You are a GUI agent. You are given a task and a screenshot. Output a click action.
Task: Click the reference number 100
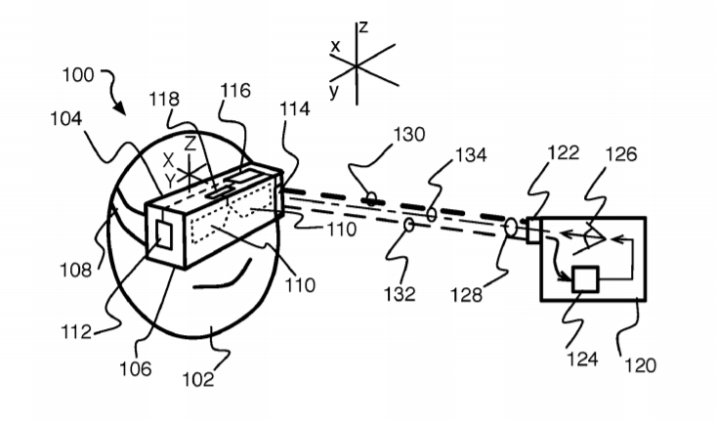[x=78, y=75]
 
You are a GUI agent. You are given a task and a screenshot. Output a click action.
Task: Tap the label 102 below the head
[x=198, y=379]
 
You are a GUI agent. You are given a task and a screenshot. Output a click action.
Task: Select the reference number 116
[x=235, y=91]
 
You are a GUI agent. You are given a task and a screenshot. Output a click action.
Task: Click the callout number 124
[x=582, y=358]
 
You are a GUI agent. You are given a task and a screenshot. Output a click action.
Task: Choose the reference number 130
[x=409, y=134]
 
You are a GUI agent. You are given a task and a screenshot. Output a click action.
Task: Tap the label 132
[x=400, y=294]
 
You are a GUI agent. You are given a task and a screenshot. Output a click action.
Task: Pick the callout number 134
[x=471, y=155]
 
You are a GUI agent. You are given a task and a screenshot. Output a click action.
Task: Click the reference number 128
[x=466, y=295]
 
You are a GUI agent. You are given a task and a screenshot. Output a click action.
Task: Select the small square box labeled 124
[x=585, y=279]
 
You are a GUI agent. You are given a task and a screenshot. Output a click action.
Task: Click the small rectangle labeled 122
[x=533, y=232]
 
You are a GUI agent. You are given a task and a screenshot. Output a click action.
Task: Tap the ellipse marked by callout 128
[x=511, y=227]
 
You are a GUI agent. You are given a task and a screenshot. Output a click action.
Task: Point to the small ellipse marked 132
[x=409, y=225]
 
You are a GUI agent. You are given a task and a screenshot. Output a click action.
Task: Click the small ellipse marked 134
[x=432, y=214]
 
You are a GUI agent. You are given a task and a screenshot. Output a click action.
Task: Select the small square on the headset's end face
[x=163, y=234]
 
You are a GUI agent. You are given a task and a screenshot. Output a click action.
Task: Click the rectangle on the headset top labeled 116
[x=242, y=176]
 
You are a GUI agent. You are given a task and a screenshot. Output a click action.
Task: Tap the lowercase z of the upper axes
[x=363, y=27]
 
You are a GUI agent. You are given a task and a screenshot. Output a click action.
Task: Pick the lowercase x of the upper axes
[x=335, y=46]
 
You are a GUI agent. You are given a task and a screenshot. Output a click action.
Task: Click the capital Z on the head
[x=190, y=145]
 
